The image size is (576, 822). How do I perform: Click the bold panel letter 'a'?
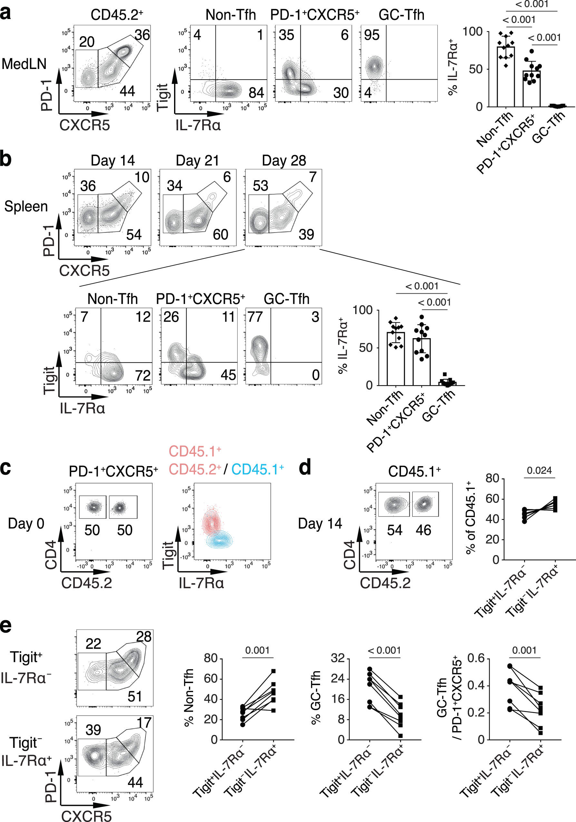coord(5,13)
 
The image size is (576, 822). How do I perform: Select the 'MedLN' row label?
coord(24,64)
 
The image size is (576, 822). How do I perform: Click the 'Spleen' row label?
coord(26,207)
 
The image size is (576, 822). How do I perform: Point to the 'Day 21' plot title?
coord(197,161)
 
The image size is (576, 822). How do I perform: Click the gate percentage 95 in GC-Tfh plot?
coord(372,35)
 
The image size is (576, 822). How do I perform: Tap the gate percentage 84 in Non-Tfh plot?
coord(256,93)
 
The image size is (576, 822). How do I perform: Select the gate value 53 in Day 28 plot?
coord(260,186)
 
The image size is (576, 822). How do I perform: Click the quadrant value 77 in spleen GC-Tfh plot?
coord(255,317)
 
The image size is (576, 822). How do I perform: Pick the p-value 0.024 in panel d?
coord(539,470)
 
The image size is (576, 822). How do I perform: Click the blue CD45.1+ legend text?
coord(258,469)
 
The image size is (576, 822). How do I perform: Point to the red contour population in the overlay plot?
coord(211,523)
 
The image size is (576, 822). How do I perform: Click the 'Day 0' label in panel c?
coord(26,524)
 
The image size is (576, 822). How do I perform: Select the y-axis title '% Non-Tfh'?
coord(189,698)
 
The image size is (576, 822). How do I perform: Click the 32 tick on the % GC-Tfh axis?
coord(337,658)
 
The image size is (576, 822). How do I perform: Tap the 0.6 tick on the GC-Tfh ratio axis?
coord(476,658)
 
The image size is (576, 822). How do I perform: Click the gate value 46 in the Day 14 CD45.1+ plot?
coord(423,530)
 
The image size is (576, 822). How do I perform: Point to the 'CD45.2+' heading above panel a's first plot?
coord(117,15)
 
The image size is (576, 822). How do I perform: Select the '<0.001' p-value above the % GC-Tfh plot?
coord(384,650)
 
